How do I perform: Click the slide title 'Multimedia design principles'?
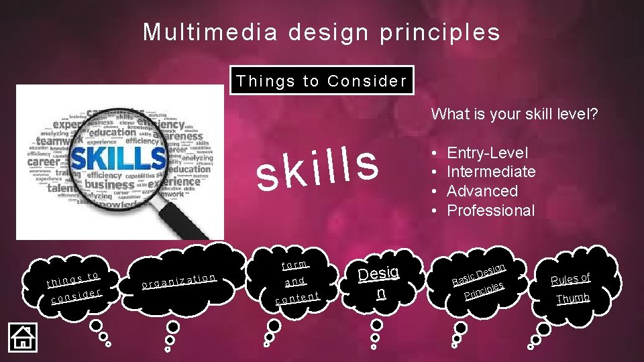pyautogui.click(x=321, y=32)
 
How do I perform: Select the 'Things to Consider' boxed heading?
pyautogui.click(x=321, y=81)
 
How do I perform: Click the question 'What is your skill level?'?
pyautogui.click(x=514, y=114)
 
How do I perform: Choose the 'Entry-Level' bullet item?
pyautogui.click(x=487, y=153)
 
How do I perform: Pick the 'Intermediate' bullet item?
pyautogui.click(x=491, y=172)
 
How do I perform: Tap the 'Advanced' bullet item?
pyautogui.click(x=482, y=191)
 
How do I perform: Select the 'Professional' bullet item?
pyautogui.click(x=491, y=210)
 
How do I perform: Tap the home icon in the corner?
pyautogui.click(x=22, y=337)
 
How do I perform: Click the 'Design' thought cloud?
pyautogui.click(x=379, y=282)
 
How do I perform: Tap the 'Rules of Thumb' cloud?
pyautogui.click(x=570, y=287)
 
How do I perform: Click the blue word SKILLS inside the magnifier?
pyautogui.click(x=117, y=159)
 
